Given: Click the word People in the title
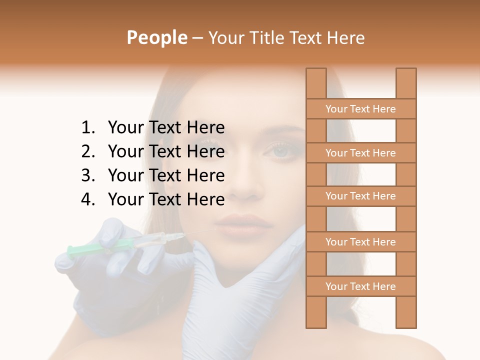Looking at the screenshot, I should click(x=157, y=37).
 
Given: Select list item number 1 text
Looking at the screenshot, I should click(x=166, y=128).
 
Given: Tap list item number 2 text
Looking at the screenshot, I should click(x=166, y=151).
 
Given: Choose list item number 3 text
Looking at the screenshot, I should click(x=166, y=175).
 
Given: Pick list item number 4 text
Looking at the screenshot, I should click(x=166, y=199).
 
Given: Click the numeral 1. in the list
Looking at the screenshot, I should click(x=88, y=128).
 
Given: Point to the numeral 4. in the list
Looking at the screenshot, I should click(x=88, y=199).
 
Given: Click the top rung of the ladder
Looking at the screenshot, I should click(x=360, y=109).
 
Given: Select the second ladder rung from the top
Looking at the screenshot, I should click(x=360, y=153).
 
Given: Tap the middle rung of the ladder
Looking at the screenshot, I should click(x=360, y=196).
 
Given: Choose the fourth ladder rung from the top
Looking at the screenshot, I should click(x=360, y=242).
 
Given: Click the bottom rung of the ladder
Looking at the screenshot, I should click(x=360, y=286).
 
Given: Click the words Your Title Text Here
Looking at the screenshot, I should click(x=286, y=37).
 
